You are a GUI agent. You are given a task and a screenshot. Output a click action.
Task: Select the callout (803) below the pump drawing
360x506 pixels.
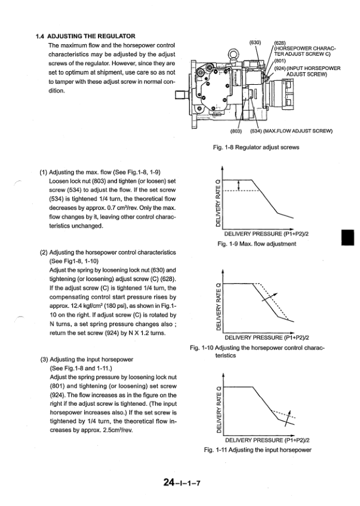pyautogui.click(x=236, y=132)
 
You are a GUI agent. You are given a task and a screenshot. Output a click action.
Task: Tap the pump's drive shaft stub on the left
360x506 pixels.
pyautogui.click(x=180, y=97)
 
